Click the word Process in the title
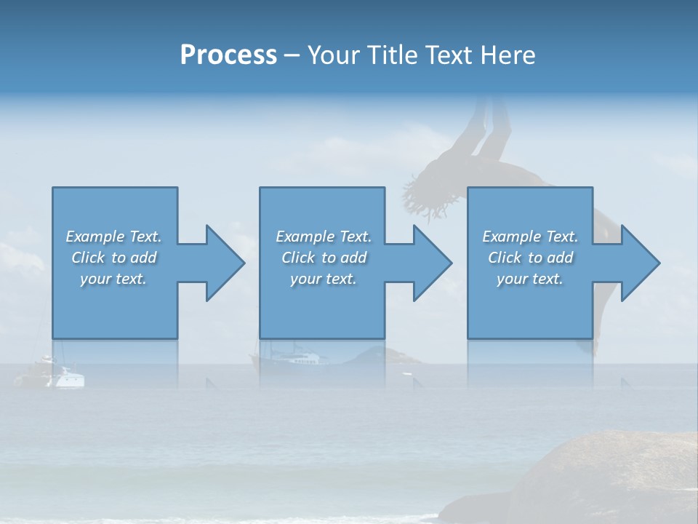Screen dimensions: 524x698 tap(228, 55)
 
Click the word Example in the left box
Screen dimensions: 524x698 tap(95, 237)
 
